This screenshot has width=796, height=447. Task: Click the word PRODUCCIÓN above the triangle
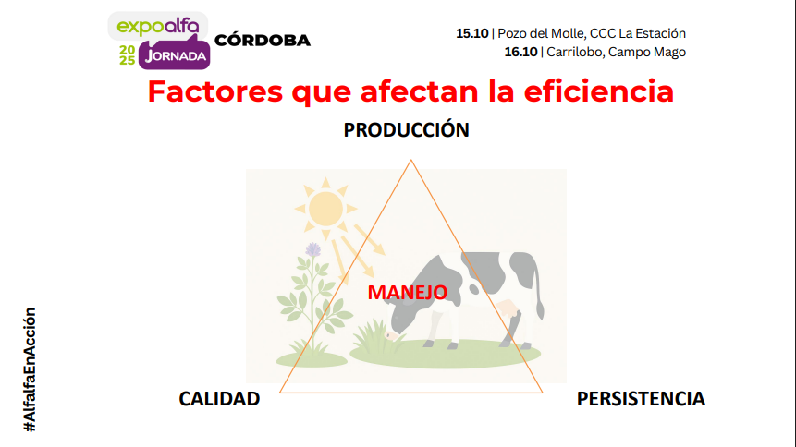click(x=406, y=130)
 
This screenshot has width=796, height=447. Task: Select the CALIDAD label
click(x=219, y=399)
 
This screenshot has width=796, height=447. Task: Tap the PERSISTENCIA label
click(x=641, y=399)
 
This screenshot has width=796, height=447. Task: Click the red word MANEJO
click(x=407, y=292)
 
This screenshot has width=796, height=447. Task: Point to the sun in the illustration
click(x=326, y=209)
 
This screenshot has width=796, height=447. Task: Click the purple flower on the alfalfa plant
click(x=313, y=249)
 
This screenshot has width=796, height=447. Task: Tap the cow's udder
click(x=508, y=308)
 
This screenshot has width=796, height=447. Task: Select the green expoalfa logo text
click(x=158, y=26)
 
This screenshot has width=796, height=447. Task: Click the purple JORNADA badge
click(x=175, y=55)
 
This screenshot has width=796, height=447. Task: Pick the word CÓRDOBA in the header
click(x=263, y=41)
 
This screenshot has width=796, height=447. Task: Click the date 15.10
click(x=472, y=33)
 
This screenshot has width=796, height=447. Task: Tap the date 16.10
click(x=520, y=52)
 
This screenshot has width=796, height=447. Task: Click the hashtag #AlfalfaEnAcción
click(x=30, y=369)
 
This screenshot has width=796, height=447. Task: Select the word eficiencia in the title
click(x=599, y=91)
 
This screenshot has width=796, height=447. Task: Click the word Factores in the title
click(x=215, y=91)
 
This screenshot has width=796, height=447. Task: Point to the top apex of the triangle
click(x=411, y=161)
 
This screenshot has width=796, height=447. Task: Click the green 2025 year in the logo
click(x=127, y=55)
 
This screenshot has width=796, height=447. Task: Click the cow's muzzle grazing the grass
click(x=391, y=335)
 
